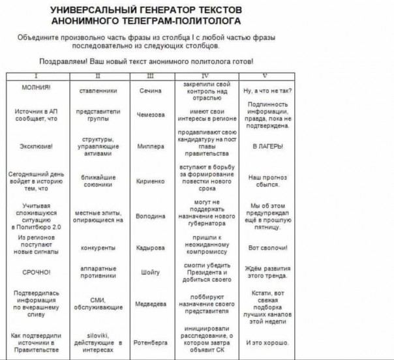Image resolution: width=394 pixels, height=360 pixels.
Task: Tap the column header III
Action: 151,77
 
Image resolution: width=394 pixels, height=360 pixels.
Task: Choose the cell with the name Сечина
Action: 151,90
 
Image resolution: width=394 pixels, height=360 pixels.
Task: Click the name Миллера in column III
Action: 151,146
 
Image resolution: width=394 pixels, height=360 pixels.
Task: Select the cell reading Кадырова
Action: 151,247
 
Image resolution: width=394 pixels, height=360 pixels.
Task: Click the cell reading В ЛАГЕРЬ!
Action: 265,146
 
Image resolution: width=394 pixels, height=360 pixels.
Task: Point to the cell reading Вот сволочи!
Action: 265,247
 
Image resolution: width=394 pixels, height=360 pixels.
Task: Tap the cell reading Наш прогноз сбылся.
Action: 265,180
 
